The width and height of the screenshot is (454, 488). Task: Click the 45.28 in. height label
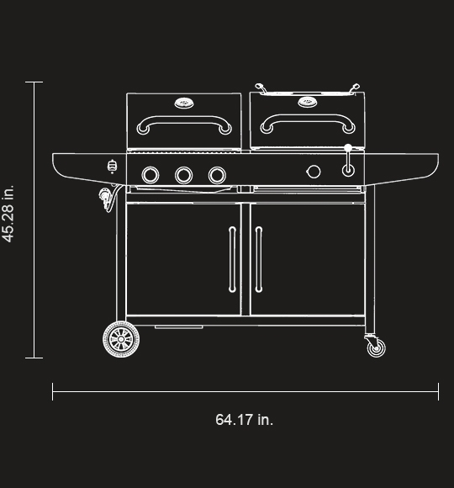coord(8,214)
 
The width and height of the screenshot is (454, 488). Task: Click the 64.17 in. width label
coord(244,420)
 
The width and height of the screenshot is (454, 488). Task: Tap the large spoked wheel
coord(121,339)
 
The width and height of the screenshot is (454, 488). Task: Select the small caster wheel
coord(376,347)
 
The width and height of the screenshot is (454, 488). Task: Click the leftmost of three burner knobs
coord(150,175)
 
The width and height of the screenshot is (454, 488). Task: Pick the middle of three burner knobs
coord(184,175)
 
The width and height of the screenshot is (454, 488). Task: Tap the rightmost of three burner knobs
coord(217,175)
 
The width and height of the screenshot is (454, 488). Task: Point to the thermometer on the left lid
coord(184,103)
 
